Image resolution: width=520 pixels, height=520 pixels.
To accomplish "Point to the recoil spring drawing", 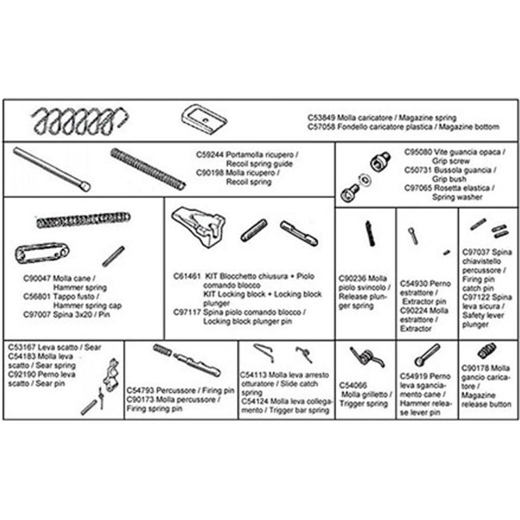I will (148, 168).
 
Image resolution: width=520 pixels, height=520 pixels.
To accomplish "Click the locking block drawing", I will (198, 226).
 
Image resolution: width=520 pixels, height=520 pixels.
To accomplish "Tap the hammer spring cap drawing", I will (41, 253).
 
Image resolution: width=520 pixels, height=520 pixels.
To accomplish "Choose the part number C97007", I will (38, 315).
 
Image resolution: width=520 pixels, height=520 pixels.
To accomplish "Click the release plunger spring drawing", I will (369, 233).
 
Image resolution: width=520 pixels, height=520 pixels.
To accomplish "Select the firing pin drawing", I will (197, 365).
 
